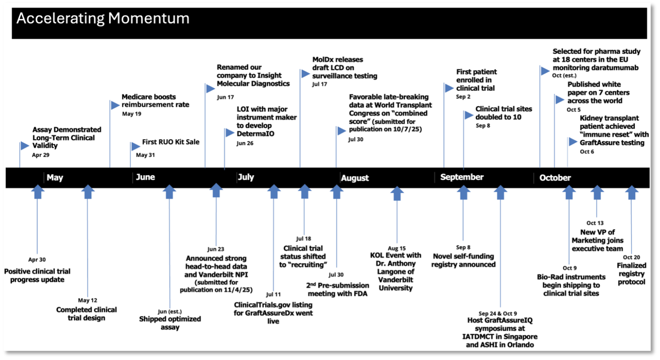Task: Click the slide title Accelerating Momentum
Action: [103, 18]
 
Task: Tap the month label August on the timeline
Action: [354, 178]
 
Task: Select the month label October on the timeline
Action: [555, 178]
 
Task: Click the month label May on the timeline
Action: [55, 178]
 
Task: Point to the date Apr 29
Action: [40, 155]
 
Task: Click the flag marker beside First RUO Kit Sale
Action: [136, 146]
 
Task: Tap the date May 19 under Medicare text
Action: [132, 114]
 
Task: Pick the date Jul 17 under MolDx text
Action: [320, 84]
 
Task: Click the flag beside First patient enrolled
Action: [449, 88]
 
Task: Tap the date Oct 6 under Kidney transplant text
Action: [587, 152]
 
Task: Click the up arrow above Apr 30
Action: [38, 191]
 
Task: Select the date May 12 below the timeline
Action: [87, 300]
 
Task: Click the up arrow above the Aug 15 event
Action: [397, 193]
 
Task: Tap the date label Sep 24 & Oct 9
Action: [498, 313]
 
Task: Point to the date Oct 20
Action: [631, 257]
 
